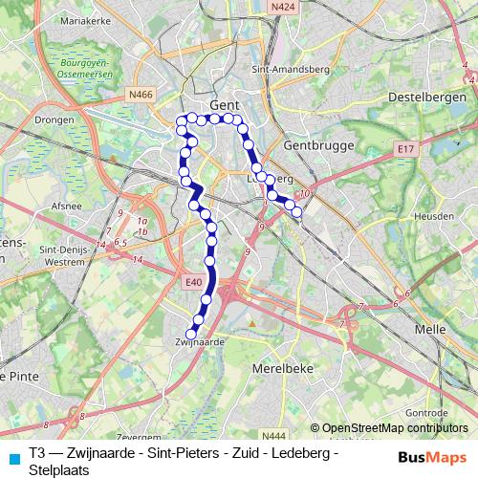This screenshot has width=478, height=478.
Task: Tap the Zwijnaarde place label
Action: pyautogui.click(x=200, y=340)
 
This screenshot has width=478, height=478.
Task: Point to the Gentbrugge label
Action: pyautogui.click(x=319, y=144)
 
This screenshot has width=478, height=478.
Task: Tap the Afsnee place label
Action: pyautogui.click(x=65, y=205)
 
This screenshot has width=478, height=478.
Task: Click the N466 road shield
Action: pyautogui.click(x=141, y=95)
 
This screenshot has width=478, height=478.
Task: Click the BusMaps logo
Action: pyautogui.click(x=432, y=455)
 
